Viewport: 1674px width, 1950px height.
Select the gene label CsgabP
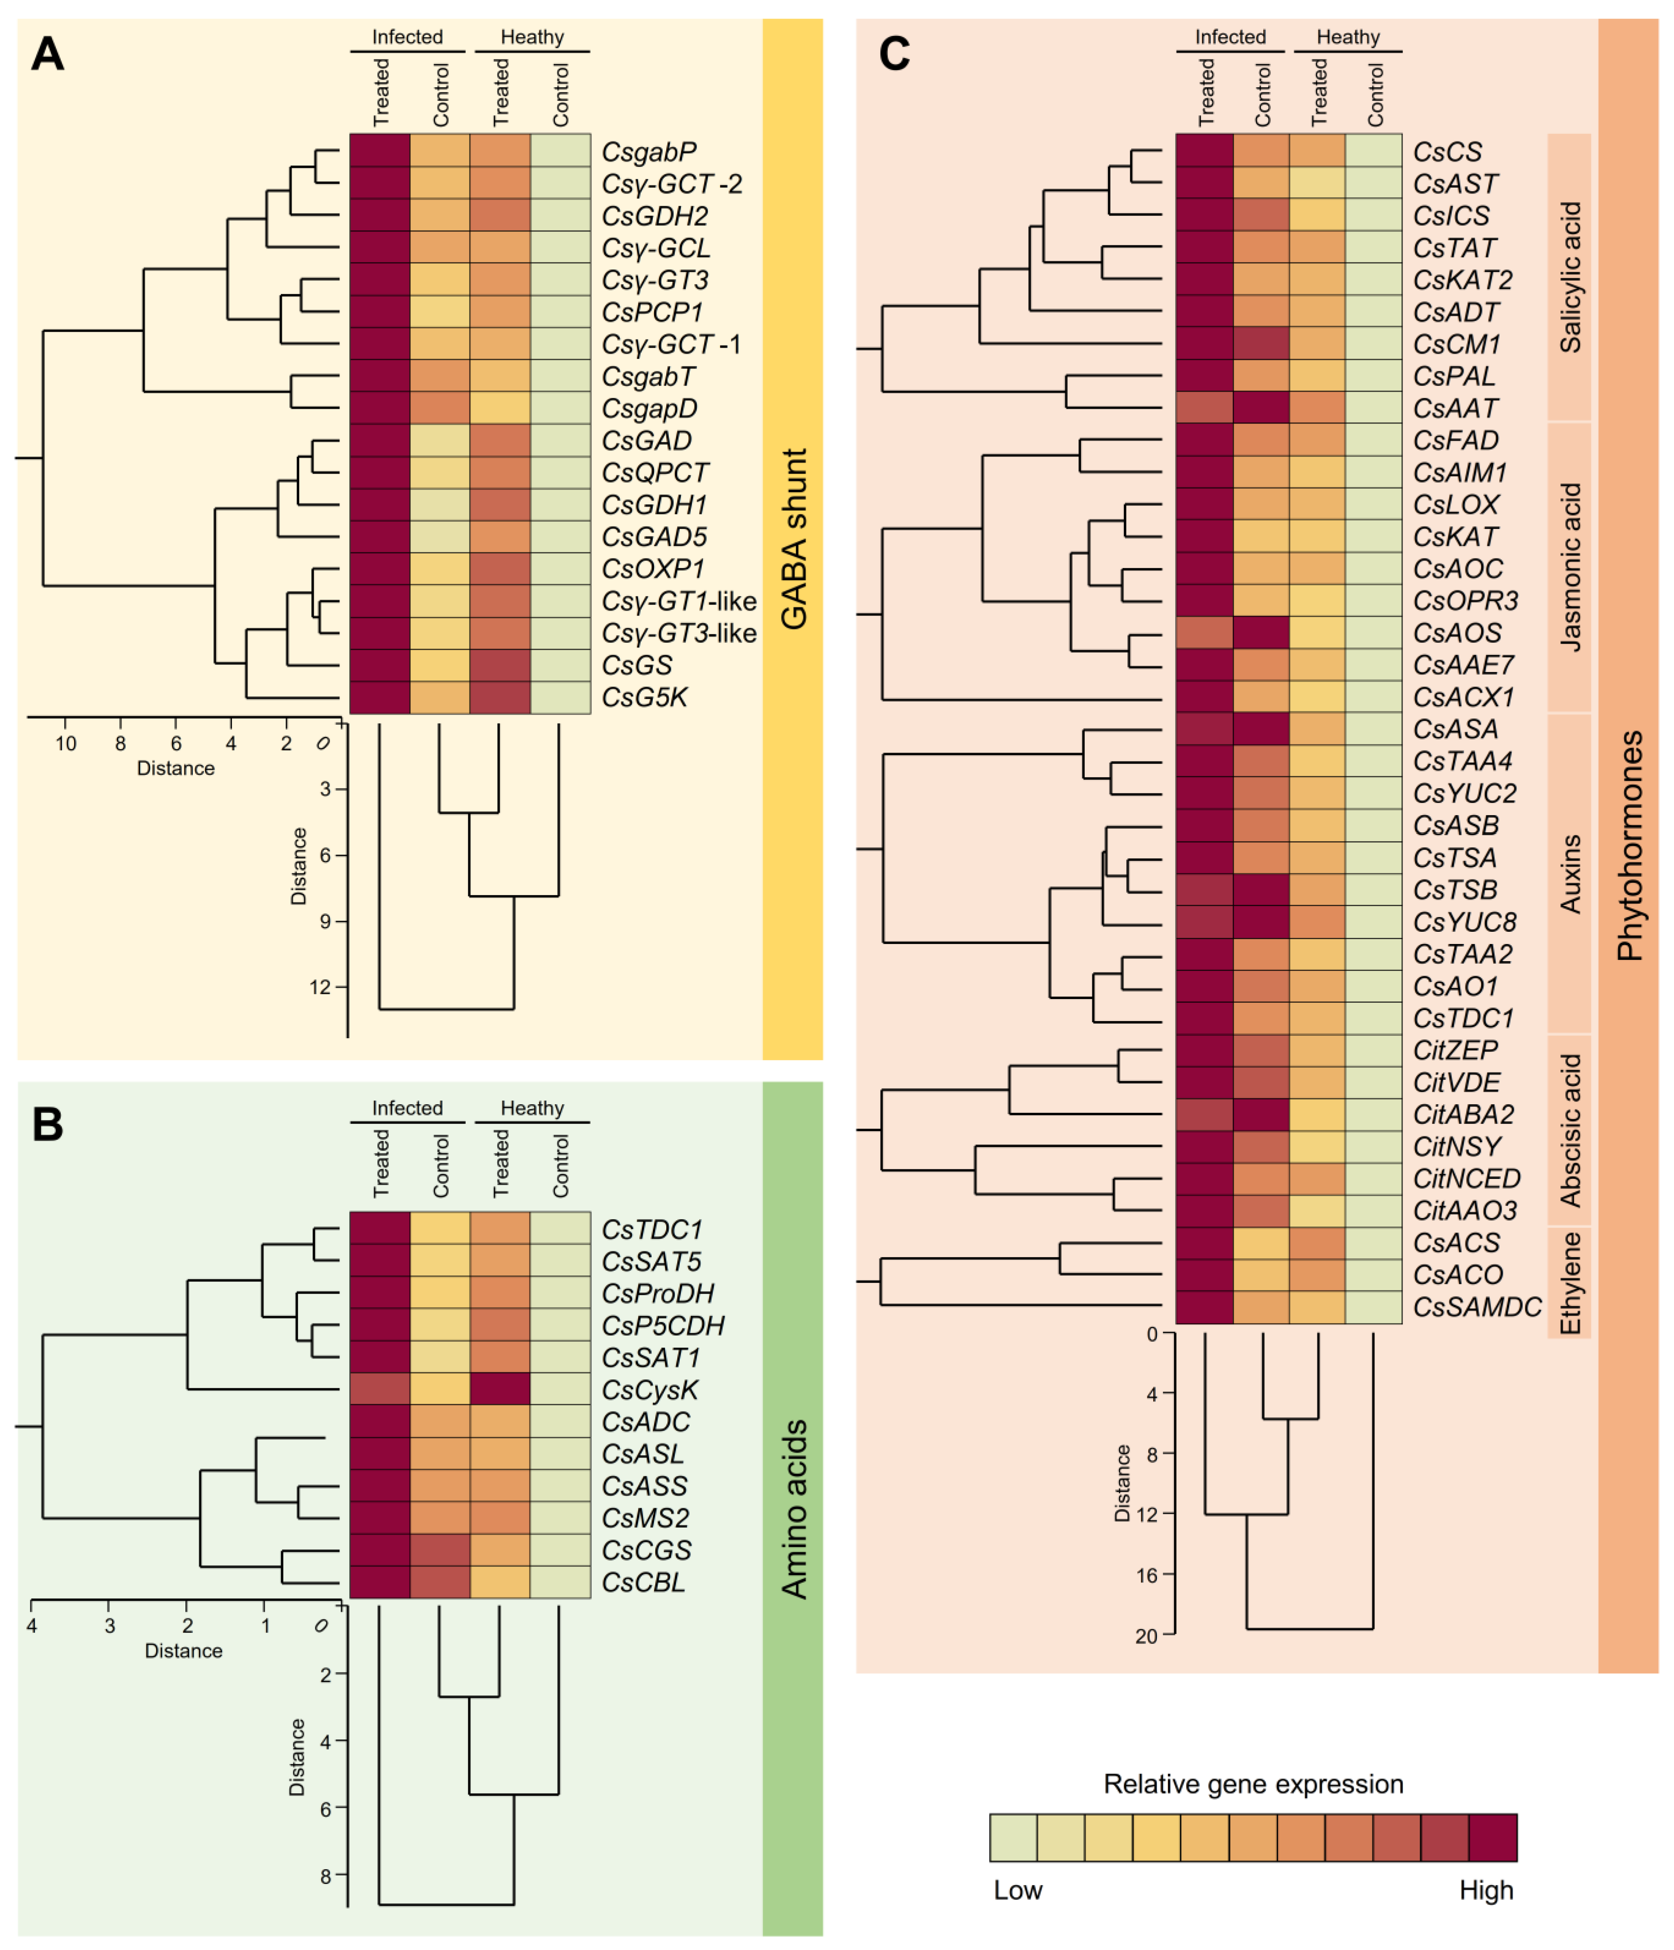[648, 152]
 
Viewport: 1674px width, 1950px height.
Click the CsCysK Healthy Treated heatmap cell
[500, 1389]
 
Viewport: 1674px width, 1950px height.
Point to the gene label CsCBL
[643, 1582]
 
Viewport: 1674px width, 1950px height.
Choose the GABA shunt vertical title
[794, 538]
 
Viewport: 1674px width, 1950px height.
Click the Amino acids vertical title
[794, 1509]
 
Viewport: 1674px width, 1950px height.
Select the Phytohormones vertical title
[1629, 845]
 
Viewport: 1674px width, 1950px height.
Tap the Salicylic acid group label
[1570, 278]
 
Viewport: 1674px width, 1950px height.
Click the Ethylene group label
[1570, 1282]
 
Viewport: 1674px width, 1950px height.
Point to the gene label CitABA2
[1463, 1114]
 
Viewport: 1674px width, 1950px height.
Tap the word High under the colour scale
[1486, 1890]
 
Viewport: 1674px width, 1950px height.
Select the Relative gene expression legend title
[1252, 1783]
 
